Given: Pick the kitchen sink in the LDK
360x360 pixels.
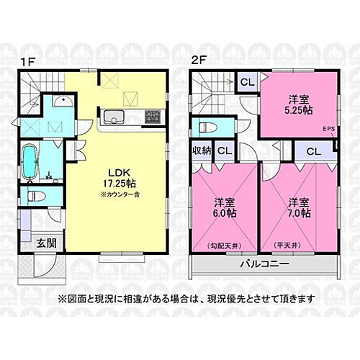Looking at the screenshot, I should point(114,115).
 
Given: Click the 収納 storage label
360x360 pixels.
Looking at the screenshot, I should point(201,150).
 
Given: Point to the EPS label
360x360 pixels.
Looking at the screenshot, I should point(329,130).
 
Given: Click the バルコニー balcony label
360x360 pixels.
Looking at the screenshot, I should point(264,265).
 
